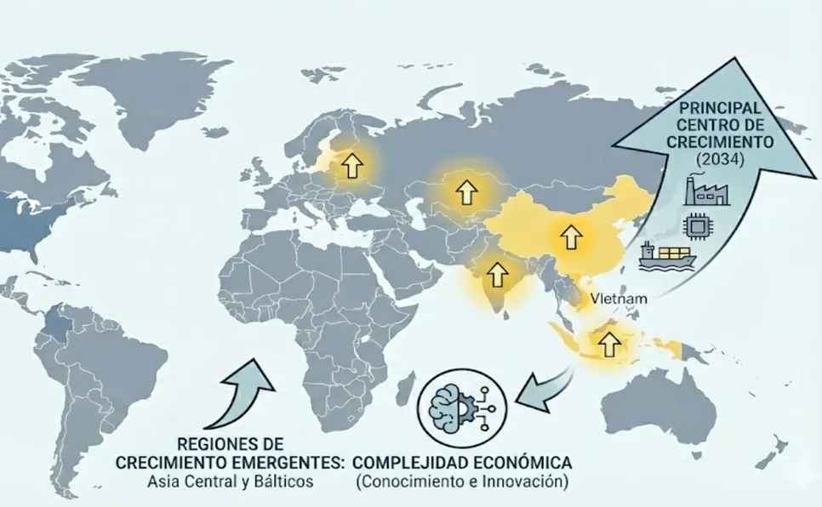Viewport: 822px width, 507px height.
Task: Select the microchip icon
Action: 696,225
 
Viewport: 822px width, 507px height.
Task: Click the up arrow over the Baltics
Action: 349,164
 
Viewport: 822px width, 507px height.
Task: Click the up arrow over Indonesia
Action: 608,344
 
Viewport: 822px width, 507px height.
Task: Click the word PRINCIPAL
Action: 713,110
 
